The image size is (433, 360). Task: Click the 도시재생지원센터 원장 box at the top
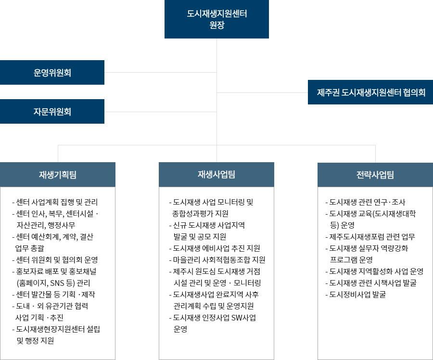point(216,19)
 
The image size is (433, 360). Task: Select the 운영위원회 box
point(52,72)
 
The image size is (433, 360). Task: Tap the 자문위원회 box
point(52,111)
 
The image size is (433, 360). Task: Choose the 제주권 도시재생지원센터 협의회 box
point(370,92)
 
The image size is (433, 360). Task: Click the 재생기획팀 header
point(57,175)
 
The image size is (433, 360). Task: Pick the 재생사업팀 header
point(216,175)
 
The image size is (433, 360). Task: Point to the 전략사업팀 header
point(375,175)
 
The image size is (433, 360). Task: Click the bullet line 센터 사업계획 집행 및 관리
point(55,202)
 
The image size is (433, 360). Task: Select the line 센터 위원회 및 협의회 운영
point(55,260)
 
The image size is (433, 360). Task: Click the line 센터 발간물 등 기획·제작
point(53,295)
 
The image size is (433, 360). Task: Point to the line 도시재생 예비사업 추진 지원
point(215,248)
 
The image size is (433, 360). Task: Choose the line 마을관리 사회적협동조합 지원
point(217,260)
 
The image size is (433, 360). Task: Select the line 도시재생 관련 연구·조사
point(365,202)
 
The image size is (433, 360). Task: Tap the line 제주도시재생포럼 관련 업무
point(370,237)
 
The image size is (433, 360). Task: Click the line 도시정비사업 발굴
point(356,295)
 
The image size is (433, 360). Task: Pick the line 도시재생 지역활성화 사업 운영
point(374,271)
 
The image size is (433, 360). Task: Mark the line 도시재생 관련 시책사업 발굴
point(371,283)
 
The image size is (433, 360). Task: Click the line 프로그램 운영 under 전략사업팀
point(351,260)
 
